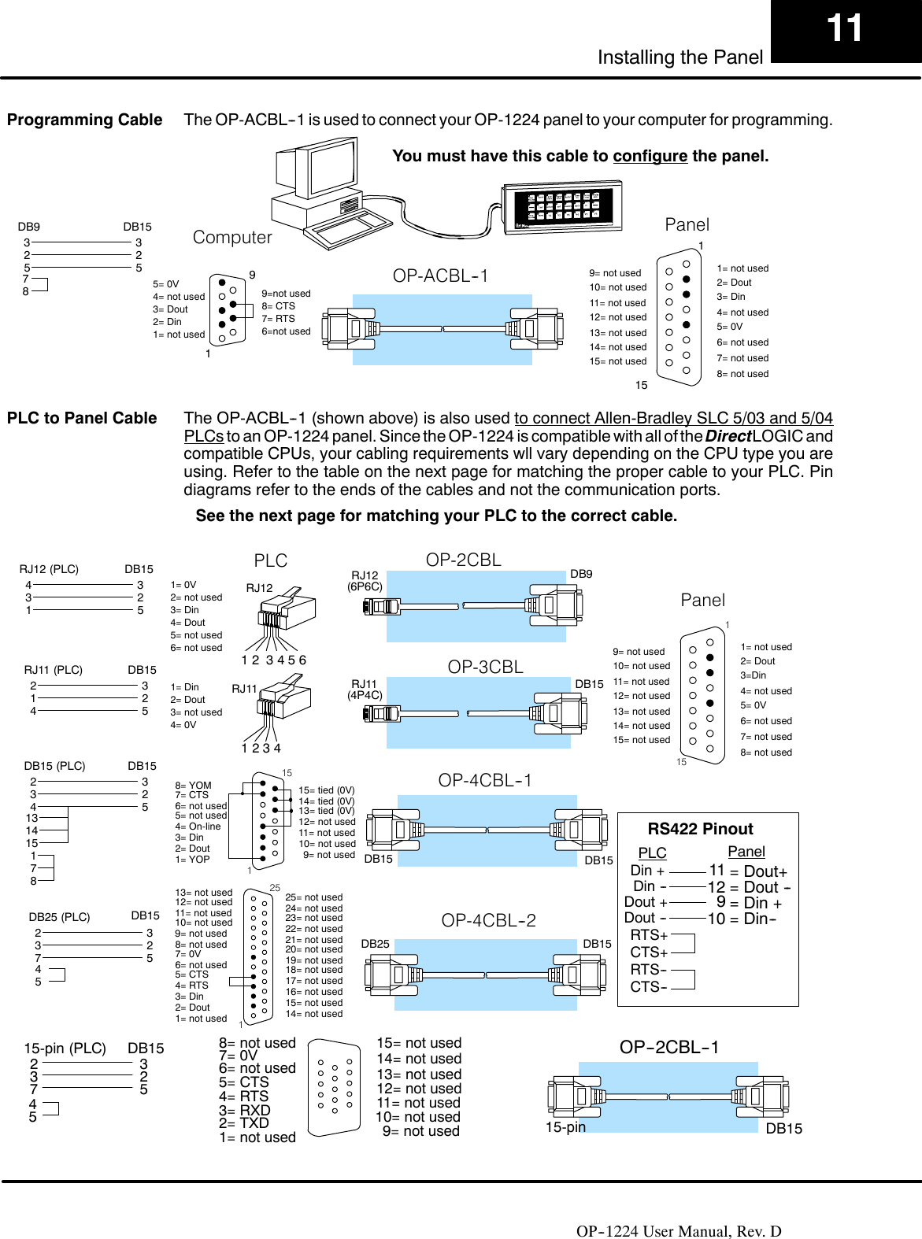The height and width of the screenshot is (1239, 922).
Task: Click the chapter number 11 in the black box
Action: (844, 28)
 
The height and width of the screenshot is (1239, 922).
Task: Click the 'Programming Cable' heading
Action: (84, 120)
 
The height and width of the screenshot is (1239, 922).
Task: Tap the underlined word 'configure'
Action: (650, 156)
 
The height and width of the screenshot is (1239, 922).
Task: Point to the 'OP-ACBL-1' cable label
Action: (440, 276)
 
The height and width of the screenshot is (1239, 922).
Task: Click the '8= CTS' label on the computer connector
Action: (278, 306)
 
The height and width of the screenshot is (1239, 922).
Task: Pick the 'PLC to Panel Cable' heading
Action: (82, 418)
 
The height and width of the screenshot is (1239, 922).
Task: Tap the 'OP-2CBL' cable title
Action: (463, 559)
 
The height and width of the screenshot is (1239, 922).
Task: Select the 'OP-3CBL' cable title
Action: (485, 667)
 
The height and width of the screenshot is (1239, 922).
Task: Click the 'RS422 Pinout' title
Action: (700, 828)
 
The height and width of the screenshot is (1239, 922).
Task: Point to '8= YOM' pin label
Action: (194, 786)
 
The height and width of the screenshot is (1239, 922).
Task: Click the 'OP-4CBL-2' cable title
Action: (488, 920)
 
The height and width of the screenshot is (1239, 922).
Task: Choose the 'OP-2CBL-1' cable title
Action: (669, 1047)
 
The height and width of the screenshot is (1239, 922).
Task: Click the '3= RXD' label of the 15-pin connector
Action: (245, 1110)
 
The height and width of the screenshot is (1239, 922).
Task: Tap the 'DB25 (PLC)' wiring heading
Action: (59, 917)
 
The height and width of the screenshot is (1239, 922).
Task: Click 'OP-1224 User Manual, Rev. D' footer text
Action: (679, 1231)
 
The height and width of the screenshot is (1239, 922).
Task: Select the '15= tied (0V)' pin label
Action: (326, 790)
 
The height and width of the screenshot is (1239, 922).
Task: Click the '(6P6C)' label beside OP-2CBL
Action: (365, 586)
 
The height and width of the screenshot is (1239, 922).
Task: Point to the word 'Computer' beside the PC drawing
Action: (232, 237)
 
